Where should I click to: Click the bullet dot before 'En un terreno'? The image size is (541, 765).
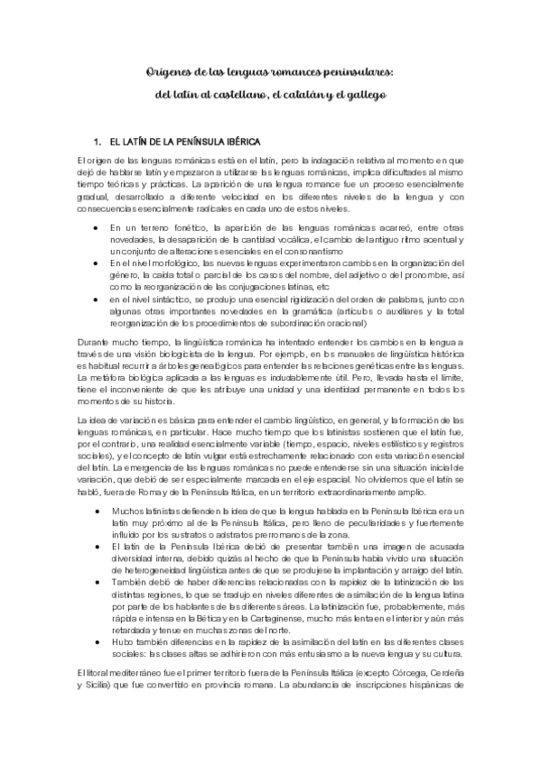coord(96,229)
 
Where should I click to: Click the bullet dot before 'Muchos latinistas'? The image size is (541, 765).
coord(96,512)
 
